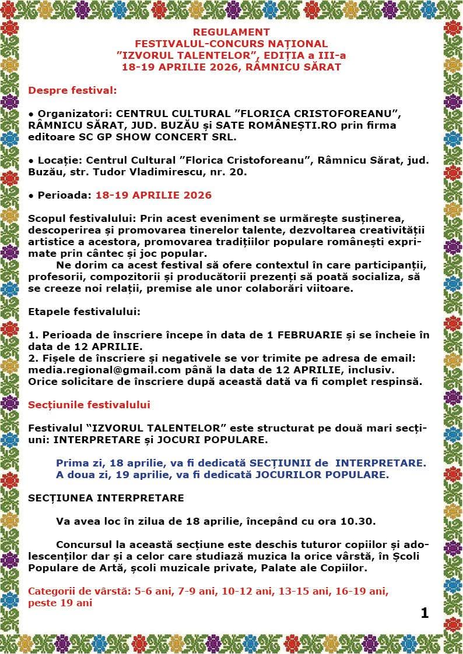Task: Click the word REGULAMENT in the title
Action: click(231, 32)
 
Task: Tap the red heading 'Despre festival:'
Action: click(72, 90)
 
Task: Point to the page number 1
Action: click(424, 613)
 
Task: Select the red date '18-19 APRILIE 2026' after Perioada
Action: click(153, 195)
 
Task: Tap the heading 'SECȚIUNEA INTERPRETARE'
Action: click(106, 498)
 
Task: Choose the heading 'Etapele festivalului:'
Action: click(85, 311)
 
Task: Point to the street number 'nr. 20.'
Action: click(230, 172)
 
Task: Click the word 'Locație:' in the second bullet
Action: click(60, 160)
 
